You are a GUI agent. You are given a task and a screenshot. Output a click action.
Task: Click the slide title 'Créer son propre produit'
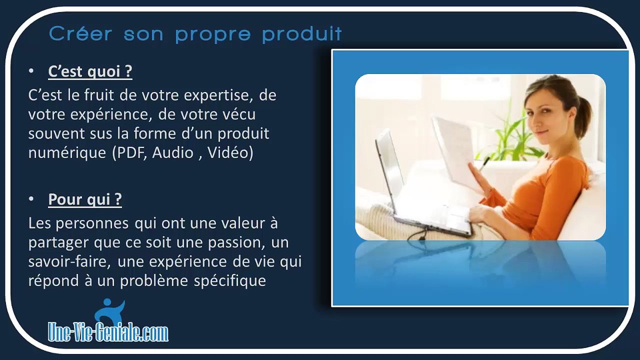tap(195, 34)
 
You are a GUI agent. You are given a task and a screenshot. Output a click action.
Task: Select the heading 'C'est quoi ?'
tap(90, 71)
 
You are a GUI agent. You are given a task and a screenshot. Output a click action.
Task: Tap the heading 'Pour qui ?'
tap(85, 199)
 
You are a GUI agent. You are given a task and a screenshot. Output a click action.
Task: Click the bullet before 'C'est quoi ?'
tap(31, 71)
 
